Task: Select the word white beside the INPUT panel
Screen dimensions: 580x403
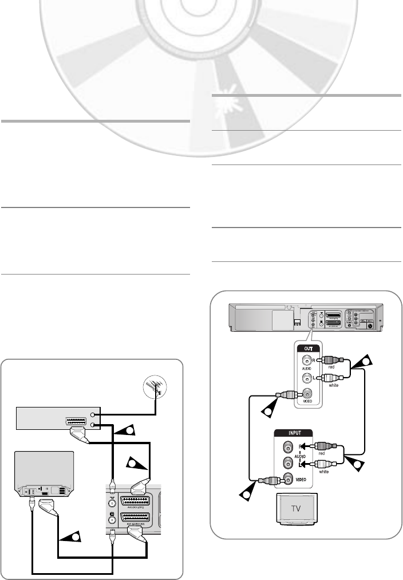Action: [323, 472]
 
